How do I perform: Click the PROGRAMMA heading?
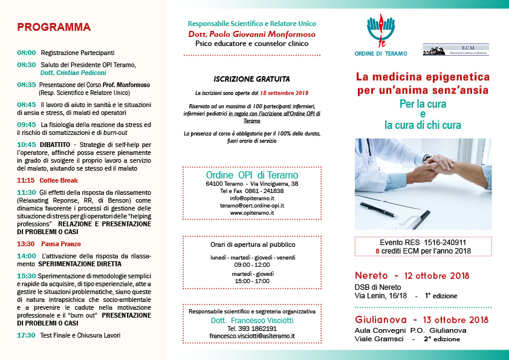pyautogui.click(x=54, y=27)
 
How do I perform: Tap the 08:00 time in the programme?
pyautogui.click(x=27, y=53)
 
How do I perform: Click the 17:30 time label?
pyautogui.click(x=27, y=335)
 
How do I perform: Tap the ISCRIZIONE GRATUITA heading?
pyautogui.click(x=251, y=79)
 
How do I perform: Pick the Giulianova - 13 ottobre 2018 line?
pyautogui.click(x=421, y=319)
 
